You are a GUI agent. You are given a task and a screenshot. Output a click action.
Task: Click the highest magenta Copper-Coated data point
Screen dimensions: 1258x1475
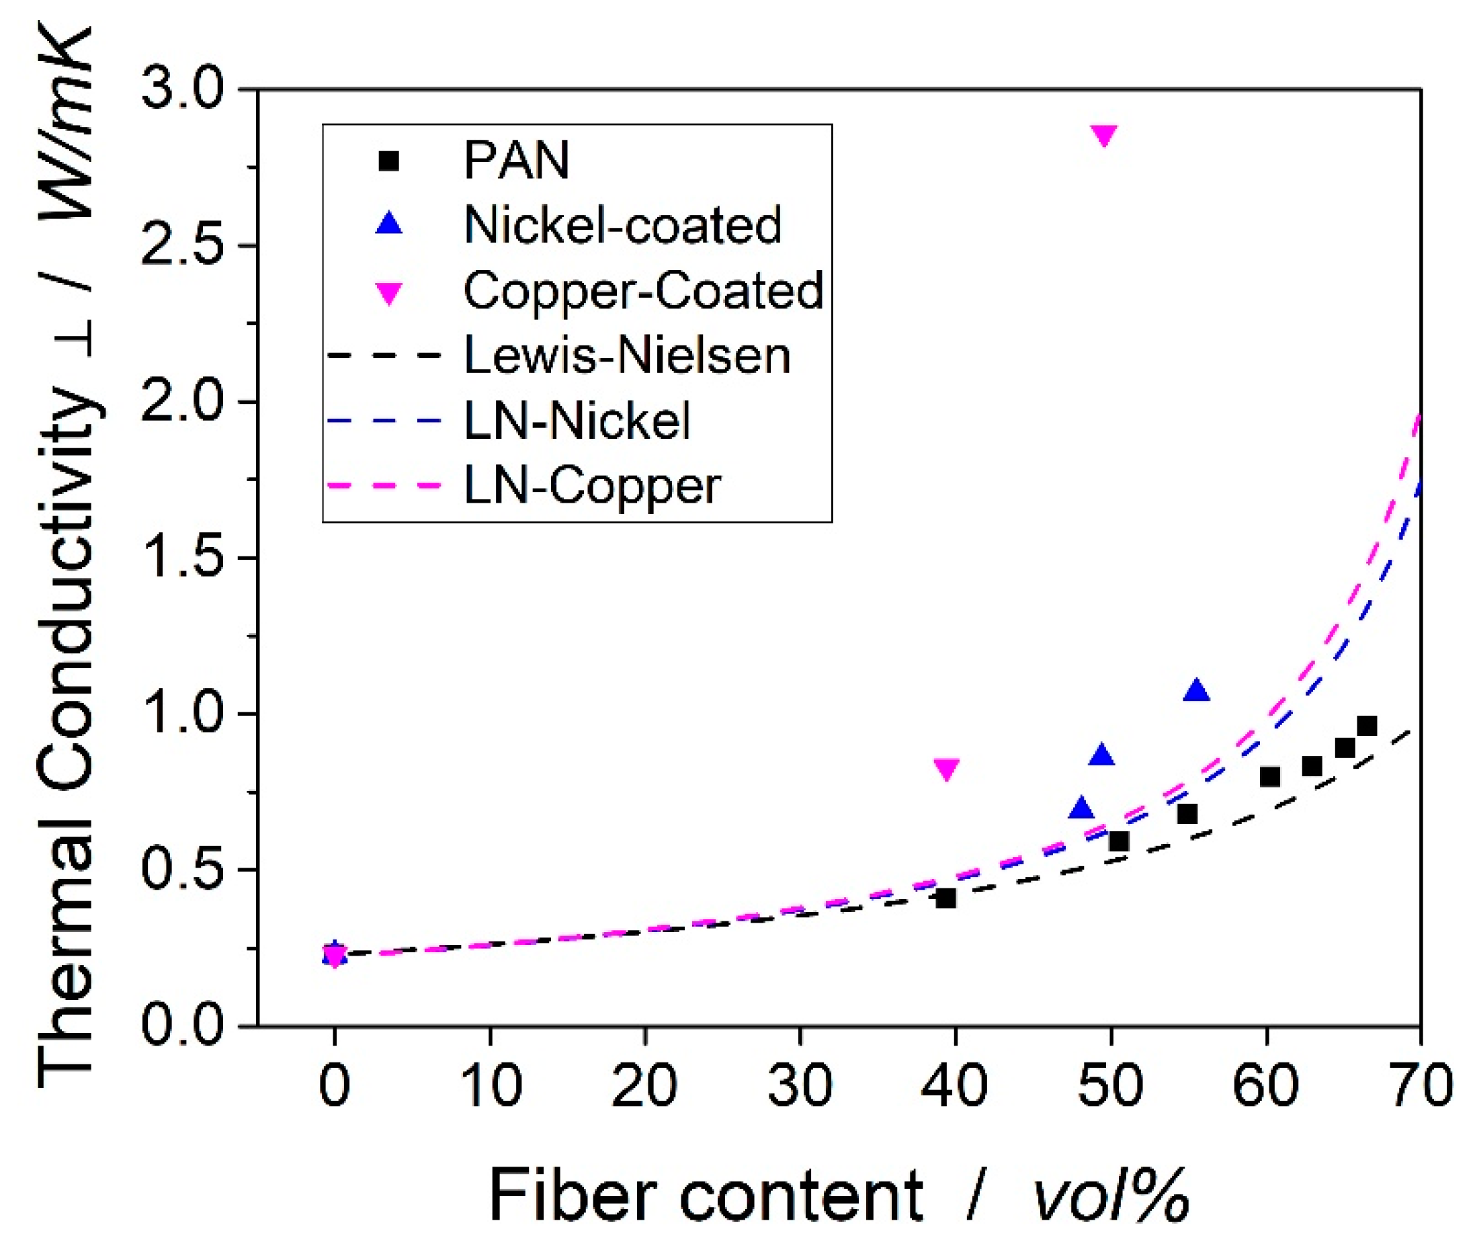click(1103, 135)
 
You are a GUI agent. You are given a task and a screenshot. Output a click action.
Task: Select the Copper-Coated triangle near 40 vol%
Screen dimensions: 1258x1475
click(946, 769)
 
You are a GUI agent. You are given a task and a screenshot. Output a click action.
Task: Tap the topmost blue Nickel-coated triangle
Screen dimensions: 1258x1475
click(1197, 690)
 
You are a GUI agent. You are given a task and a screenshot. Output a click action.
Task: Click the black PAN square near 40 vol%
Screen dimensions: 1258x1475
click(946, 898)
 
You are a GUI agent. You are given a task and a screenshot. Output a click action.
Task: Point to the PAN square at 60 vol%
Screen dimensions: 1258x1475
click(1270, 777)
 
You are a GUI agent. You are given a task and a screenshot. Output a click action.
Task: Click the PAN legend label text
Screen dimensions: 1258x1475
click(516, 160)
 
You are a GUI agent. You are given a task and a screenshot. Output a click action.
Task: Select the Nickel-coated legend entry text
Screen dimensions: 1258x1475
click(623, 225)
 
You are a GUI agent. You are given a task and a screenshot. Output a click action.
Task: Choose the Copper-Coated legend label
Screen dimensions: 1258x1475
click(643, 290)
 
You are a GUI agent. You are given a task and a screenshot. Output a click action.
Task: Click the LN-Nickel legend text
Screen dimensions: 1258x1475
click(577, 420)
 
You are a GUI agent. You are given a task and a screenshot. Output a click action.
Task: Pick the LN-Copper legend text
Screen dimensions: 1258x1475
click(592, 487)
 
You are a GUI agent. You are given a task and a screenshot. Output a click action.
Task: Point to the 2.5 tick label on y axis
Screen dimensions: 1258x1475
click(181, 247)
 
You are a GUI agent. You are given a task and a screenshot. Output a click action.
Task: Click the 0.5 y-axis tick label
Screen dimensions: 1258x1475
click(181, 870)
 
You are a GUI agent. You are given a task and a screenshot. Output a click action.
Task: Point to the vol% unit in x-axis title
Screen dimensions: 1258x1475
click(1111, 1196)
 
